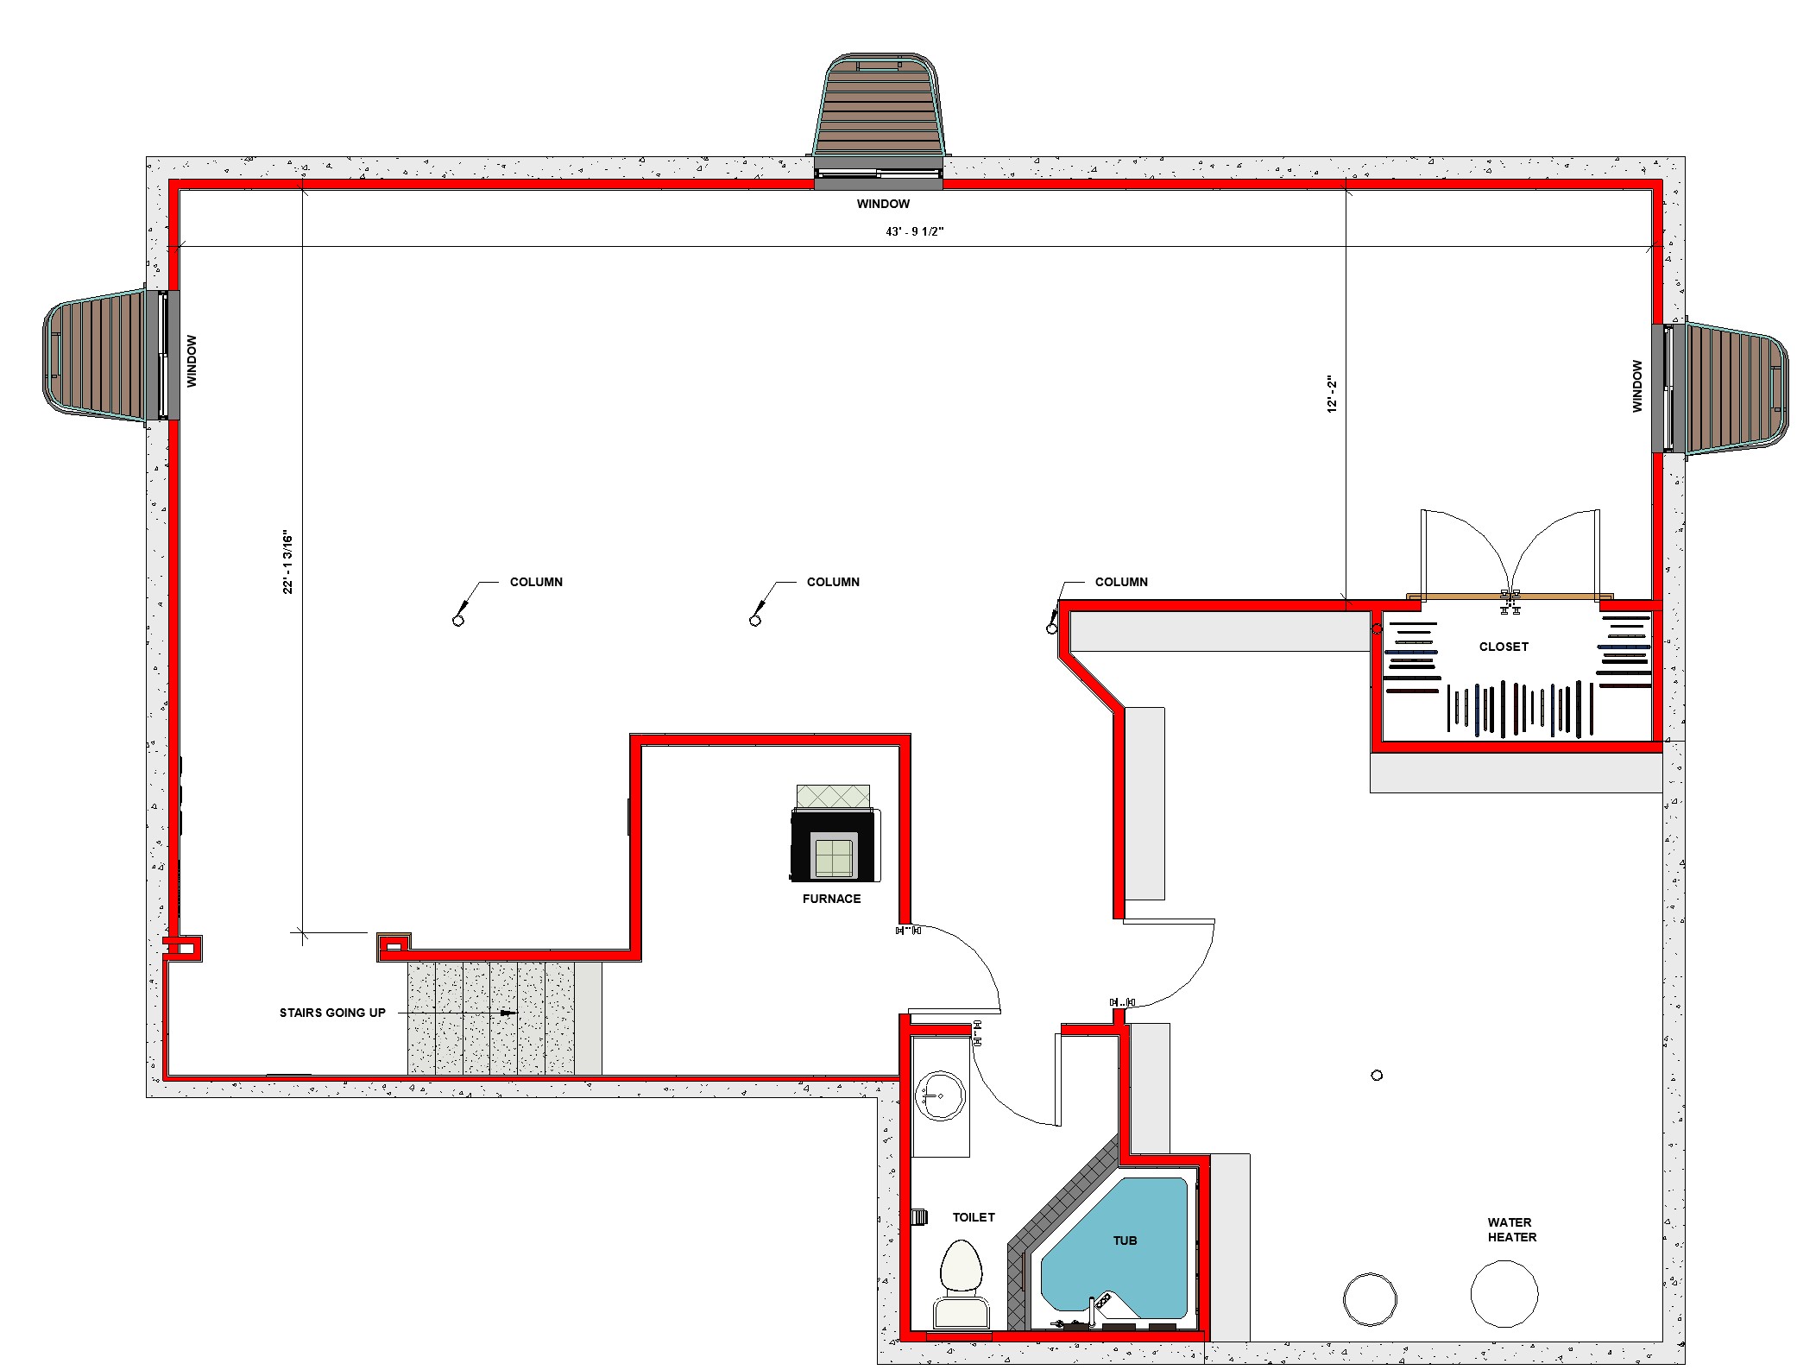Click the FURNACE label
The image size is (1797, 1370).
pos(831,899)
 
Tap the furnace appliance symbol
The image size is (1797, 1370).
pos(835,833)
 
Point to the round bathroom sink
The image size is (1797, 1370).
pos(940,1095)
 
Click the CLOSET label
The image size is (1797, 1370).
pos(1504,647)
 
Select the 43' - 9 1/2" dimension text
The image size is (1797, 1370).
pos(915,231)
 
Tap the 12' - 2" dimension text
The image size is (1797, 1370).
pos(1332,394)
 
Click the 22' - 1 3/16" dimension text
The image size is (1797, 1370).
pos(288,562)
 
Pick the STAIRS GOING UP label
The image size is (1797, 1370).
pos(332,1013)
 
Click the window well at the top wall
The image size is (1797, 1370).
pos(879,121)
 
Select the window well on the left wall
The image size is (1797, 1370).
pos(111,355)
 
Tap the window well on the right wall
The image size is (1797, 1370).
pos(1721,388)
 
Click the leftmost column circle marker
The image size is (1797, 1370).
pos(458,621)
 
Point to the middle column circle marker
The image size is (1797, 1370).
pos(755,621)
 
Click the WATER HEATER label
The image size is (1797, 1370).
pos(1511,1229)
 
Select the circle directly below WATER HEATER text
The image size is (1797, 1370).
pos(1504,1293)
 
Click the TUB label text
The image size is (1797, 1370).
pos(1125,1241)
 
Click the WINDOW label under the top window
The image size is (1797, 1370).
pos(883,204)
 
